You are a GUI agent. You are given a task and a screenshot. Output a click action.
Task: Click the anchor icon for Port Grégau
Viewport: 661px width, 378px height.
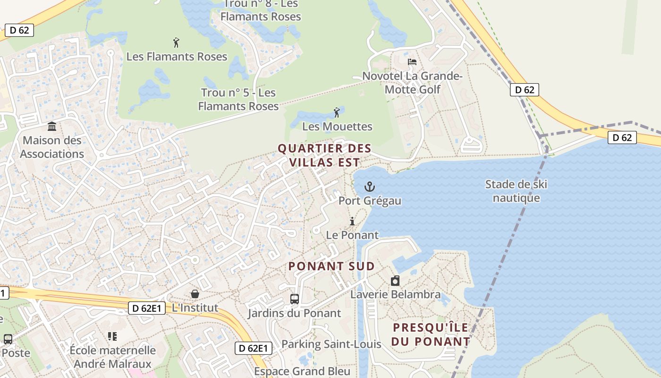369,187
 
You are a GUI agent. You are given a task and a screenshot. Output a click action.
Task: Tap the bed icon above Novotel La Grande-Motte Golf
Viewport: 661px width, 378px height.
412,62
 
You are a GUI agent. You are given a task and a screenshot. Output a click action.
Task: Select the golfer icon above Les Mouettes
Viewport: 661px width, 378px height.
337,112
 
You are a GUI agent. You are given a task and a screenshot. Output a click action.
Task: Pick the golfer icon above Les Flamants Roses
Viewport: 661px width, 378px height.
177,43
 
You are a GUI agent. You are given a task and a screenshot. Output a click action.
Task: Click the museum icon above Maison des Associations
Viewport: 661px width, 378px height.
52,127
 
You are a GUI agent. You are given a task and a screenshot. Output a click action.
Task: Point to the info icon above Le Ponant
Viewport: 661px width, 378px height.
352,221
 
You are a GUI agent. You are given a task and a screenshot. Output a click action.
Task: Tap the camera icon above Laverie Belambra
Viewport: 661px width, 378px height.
395,281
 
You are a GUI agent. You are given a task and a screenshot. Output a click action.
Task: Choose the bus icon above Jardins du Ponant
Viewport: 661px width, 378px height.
295,299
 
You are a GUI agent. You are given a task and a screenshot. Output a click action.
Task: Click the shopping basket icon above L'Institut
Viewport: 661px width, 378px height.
195,294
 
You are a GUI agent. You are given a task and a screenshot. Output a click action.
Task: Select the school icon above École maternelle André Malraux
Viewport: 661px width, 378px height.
112,336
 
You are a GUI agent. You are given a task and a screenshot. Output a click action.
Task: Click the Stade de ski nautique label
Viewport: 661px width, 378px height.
516,191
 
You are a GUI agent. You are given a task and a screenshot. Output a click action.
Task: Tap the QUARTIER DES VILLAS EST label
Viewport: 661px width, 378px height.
324,155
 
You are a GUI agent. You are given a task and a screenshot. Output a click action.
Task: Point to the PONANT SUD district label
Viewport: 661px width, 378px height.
331,266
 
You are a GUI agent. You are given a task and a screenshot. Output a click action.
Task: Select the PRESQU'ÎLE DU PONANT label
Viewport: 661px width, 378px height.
431,334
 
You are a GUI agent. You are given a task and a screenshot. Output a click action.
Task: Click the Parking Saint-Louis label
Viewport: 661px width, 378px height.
331,344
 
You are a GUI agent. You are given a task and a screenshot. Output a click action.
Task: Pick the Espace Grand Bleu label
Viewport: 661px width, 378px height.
302,371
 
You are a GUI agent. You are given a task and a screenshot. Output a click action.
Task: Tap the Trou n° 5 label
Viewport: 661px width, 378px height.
238,99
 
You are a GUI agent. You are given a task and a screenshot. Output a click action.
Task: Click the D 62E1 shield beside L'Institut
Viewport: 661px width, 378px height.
147,309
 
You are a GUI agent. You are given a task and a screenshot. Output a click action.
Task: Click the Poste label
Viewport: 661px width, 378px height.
16,353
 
